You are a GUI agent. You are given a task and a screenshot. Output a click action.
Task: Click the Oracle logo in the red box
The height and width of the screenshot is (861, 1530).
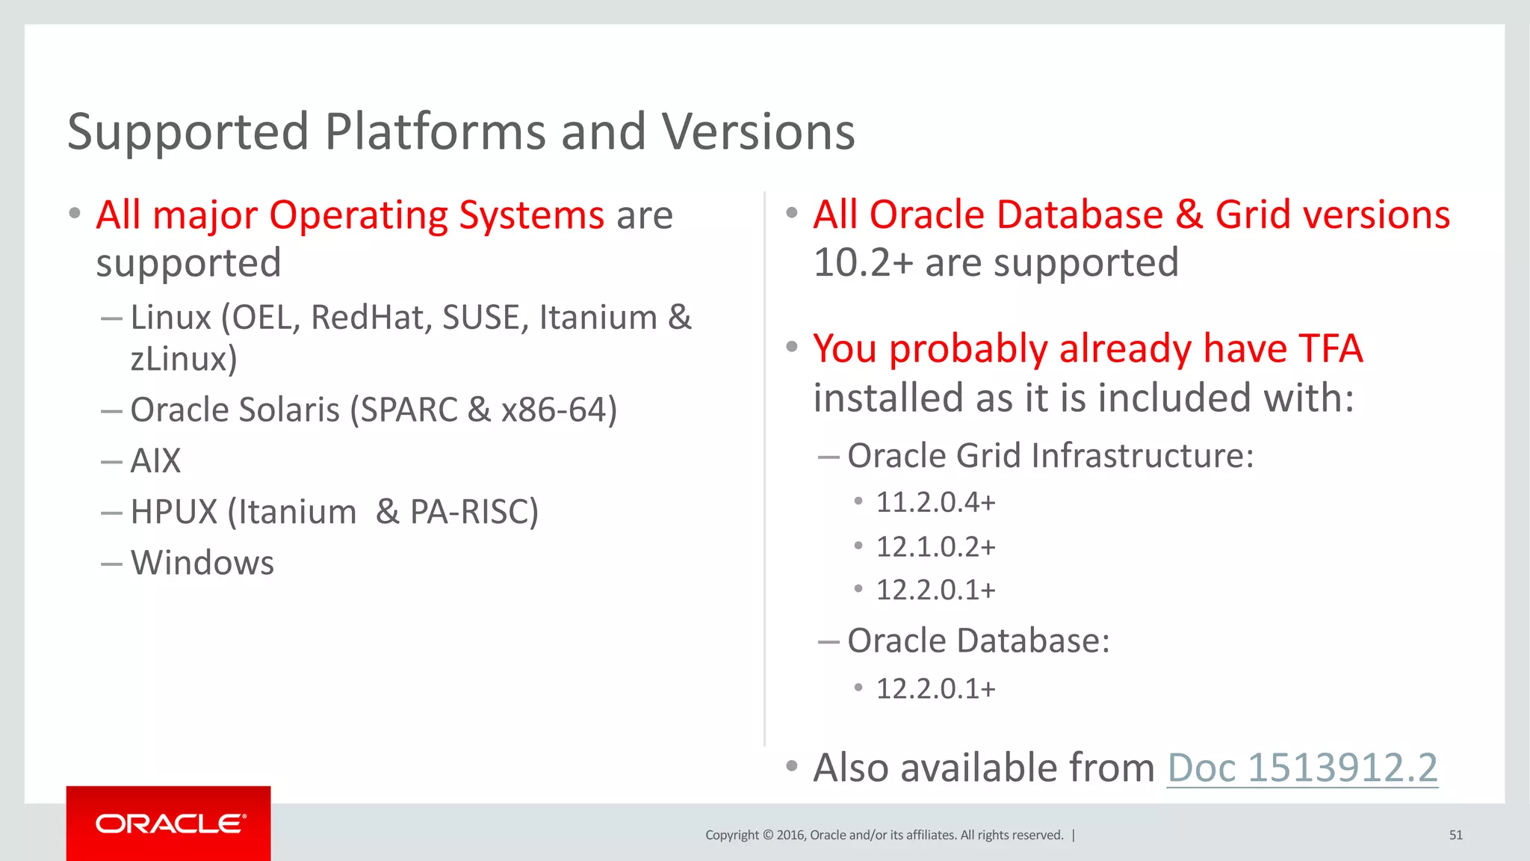(x=170, y=824)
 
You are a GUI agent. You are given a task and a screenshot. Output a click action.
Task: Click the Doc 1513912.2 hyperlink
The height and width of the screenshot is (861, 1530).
(x=1301, y=768)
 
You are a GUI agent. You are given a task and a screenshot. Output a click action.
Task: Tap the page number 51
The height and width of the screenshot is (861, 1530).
(x=1455, y=835)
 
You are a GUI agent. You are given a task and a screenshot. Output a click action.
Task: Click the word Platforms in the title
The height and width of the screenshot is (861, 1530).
(x=436, y=132)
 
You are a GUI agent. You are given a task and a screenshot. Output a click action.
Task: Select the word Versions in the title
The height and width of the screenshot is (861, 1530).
(x=758, y=132)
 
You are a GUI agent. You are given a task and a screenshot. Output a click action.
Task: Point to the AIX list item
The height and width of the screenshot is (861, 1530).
(x=155, y=460)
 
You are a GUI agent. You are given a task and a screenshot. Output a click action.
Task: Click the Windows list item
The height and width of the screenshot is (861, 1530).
(x=202, y=563)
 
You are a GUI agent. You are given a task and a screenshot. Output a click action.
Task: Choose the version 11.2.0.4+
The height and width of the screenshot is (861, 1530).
(x=935, y=502)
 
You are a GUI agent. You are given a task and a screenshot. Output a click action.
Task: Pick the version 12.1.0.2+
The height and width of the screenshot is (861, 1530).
(x=935, y=547)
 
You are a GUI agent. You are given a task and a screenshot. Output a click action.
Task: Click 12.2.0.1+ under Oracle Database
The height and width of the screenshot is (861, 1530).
(x=935, y=689)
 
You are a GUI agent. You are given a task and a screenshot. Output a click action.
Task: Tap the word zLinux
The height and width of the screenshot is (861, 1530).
(x=183, y=359)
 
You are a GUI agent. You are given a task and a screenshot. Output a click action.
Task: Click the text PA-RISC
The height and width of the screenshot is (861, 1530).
(x=473, y=512)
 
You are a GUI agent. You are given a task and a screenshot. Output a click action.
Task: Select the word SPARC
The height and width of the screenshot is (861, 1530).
(x=409, y=410)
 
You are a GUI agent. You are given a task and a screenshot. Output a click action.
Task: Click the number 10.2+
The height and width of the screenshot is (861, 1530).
(x=863, y=263)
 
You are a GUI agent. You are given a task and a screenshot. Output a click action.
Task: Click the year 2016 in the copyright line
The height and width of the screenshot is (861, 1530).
(x=790, y=835)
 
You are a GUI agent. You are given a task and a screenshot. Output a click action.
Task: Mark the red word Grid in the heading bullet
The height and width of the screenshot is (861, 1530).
(x=1253, y=215)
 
